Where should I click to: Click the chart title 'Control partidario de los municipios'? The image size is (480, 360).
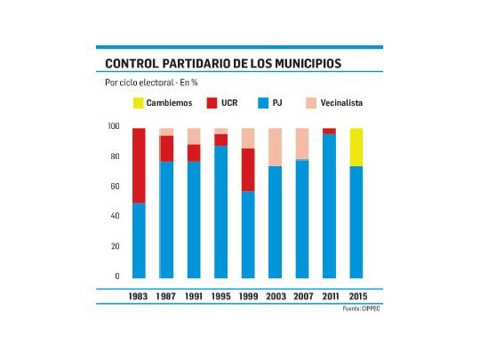223,63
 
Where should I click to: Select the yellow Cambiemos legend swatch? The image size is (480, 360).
139,103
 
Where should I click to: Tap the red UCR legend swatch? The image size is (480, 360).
212,103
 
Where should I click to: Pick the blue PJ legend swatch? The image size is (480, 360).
263,103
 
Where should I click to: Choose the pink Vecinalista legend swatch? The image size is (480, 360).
312,103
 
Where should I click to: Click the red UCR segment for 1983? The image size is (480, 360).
139,165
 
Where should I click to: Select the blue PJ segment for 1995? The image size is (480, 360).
220,212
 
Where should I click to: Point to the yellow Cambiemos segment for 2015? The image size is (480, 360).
356,147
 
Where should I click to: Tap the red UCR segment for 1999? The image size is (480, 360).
247,170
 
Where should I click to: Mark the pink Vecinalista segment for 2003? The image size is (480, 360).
275,147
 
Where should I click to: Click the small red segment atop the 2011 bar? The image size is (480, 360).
329,131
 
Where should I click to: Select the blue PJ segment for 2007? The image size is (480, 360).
301,219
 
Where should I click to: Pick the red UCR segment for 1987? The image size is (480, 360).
165,148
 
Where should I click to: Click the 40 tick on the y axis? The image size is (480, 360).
115,216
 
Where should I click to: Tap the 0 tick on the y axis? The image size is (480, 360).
116,276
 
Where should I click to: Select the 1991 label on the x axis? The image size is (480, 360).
193,294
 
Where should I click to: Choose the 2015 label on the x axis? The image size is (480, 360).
356,294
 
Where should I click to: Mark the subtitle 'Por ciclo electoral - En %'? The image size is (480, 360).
151,83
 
